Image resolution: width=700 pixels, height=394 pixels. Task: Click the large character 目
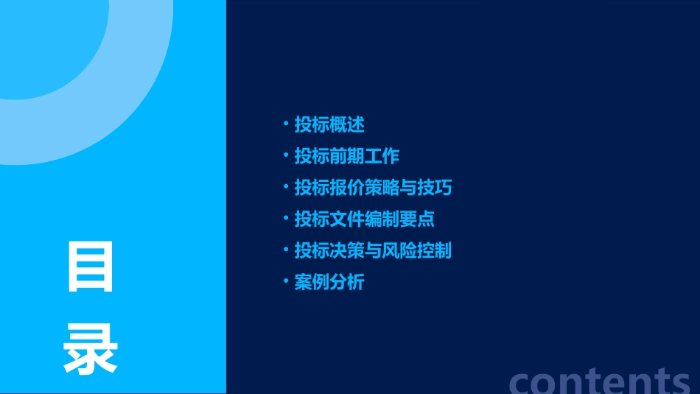pos(91,267)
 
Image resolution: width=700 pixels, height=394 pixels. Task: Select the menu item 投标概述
pos(329,124)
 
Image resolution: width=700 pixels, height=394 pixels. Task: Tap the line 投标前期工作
pos(346,156)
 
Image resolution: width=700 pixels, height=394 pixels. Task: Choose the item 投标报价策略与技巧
pos(373,188)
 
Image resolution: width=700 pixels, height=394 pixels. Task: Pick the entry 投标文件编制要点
pos(364,219)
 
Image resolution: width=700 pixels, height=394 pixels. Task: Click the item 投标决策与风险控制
pos(373,250)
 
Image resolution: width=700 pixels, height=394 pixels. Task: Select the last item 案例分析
pos(329,282)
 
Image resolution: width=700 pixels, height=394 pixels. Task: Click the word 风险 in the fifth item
pos(407,250)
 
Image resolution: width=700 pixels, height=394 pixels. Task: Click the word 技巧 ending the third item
pos(434,188)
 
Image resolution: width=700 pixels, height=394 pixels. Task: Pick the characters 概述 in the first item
pos(347,124)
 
